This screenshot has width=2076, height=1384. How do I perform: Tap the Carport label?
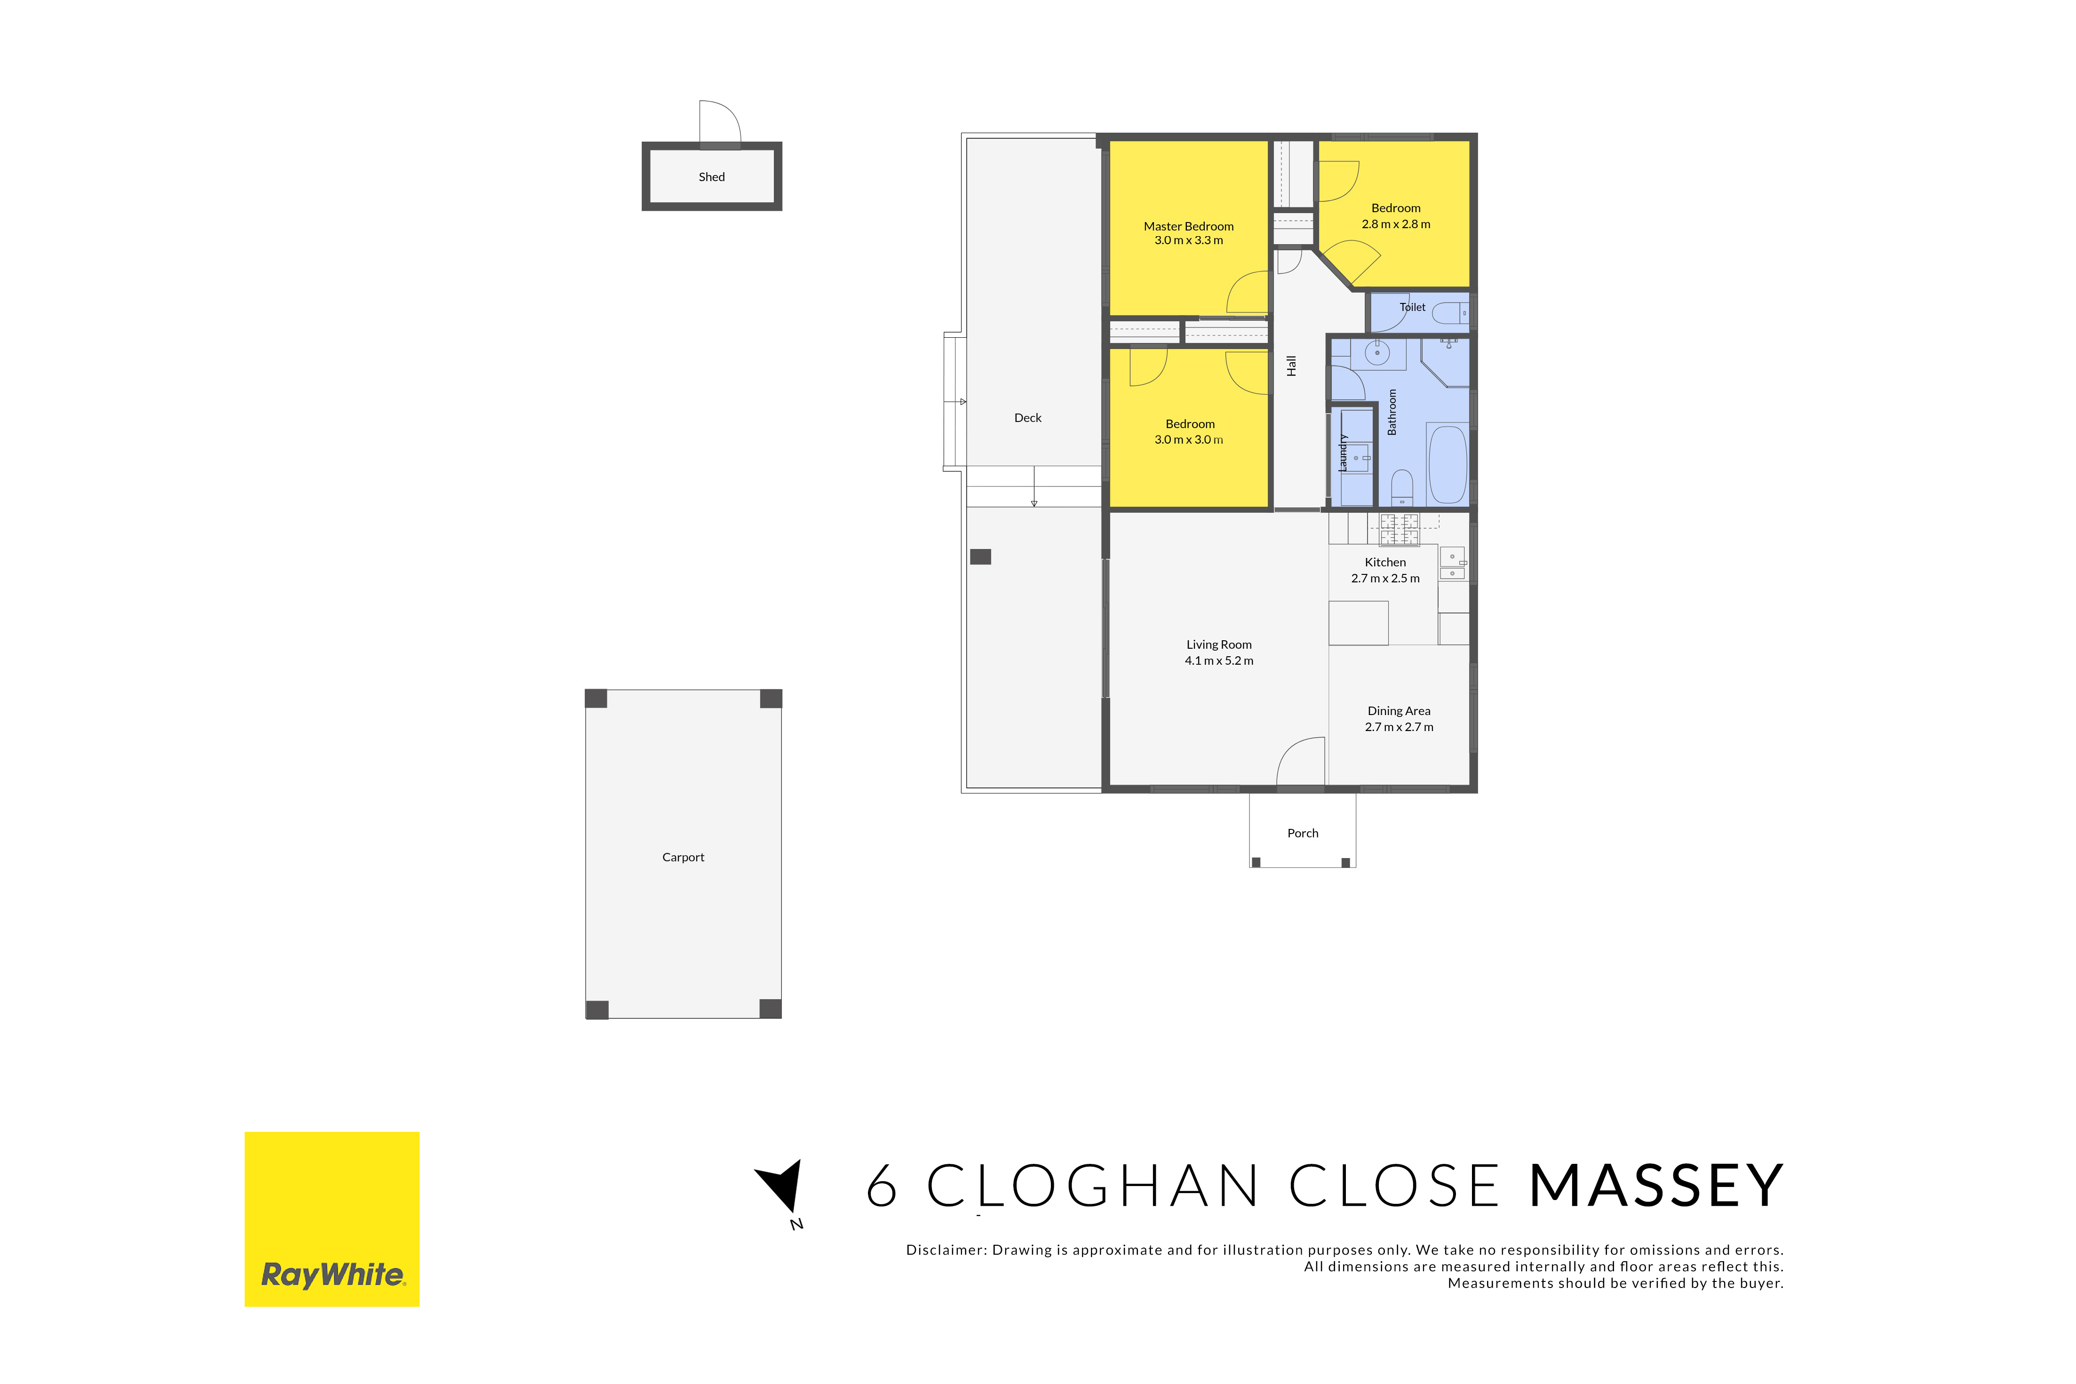point(683,857)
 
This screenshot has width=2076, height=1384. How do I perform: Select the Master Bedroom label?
point(1189,226)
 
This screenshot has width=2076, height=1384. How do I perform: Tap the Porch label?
point(1303,833)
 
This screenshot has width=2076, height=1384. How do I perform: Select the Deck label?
point(1027,417)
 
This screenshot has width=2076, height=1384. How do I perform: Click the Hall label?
point(1291,366)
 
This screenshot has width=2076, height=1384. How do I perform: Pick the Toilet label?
point(1412,307)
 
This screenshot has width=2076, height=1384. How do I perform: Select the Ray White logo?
point(332,1219)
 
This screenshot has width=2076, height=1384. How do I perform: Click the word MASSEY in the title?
point(1656,1185)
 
